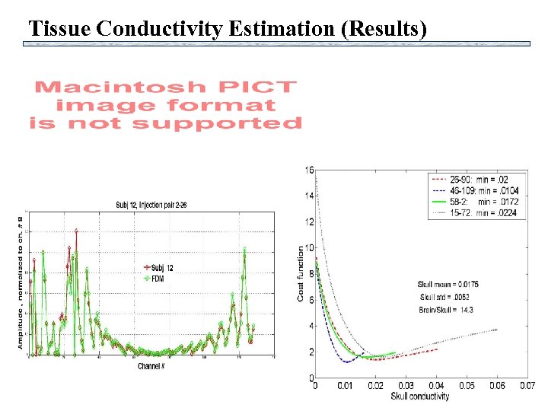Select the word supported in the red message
coord(228,123)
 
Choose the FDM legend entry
coord(155,279)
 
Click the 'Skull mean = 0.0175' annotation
coord(448,284)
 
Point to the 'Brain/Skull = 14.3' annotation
coord(446,309)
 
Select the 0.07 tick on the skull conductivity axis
coord(527,387)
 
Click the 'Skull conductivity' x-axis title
coord(420,396)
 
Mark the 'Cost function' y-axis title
coord(301,274)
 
